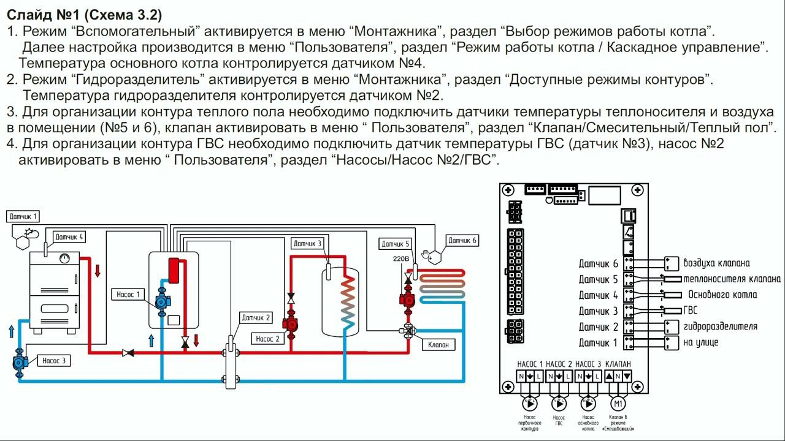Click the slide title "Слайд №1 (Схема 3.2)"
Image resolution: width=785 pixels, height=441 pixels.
pos(85,14)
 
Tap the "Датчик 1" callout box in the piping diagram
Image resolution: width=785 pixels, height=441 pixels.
pos(23,216)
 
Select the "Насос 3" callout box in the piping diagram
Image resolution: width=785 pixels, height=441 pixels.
pos(54,361)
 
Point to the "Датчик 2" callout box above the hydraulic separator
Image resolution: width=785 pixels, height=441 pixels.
pos(256,318)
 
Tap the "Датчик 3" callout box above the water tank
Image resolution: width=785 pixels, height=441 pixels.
pos(307,243)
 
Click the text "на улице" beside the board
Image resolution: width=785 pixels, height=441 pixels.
pos(700,342)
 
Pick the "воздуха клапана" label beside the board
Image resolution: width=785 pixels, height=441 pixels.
pos(716,263)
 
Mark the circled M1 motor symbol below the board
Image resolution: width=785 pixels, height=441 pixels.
pos(618,404)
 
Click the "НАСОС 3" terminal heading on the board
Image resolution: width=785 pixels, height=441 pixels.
pos(588,364)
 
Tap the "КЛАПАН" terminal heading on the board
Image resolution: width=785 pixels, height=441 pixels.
pos(618,364)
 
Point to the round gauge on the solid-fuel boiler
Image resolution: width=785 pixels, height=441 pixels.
pos(64,258)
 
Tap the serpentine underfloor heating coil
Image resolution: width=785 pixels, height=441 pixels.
pos(442,284)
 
